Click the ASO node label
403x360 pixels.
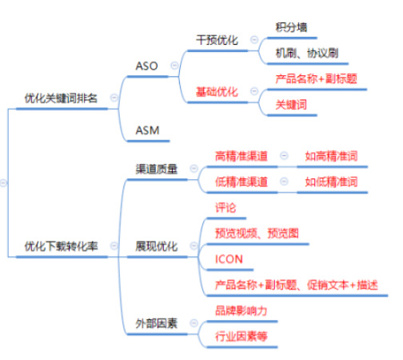(x=146, y=66)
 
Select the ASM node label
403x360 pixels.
(x=147, y=130)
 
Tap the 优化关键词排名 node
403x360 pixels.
(x=61, y=98)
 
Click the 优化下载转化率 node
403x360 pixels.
(x=61, y=246)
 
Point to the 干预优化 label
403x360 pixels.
(x=217, y=40)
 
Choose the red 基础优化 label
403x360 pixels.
(x=217, y=92)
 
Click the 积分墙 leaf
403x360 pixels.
(x=291, y=27)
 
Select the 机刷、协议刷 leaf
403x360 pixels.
(x=307, y=53)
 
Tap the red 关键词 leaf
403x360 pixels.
(x=291, y=105)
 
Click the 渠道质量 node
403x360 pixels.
(x=157, y=169)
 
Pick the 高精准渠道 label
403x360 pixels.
(x=241, y=156)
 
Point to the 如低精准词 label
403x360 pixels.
(x=331, y=182)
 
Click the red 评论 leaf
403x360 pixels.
(x=225, y=208)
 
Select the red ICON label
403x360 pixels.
(x=229, y=259)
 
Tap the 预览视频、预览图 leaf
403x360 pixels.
(x=257, y=234)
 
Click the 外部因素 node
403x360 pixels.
(x=157, y=323)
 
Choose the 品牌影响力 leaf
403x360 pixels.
(x=241, y=310)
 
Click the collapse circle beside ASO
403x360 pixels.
(x=174, y=66)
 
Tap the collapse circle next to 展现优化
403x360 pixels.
(x=194, y=246)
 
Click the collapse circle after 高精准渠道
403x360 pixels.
(x=284, y=156)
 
